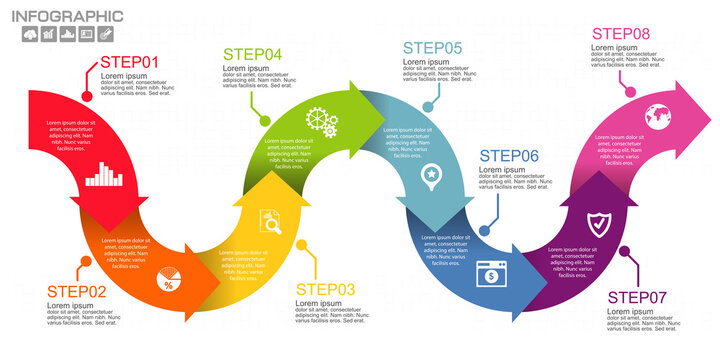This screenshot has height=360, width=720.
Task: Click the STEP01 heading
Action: click(130, 63)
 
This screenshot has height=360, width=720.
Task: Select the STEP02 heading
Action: click(76, 291)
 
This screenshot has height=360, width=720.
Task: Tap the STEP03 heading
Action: click(326, 290)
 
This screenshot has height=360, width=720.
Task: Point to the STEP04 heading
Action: click(252, 54)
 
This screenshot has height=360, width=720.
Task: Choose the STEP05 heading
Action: click(432, 47)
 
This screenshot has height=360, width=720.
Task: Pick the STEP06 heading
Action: click(509, 155)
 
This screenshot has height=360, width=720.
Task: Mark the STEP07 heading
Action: click(638, 297)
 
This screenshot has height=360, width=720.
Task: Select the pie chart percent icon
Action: click(168, 279)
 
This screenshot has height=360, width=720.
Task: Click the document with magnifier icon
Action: click(270, 221)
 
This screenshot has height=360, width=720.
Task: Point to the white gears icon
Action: click(322, 122)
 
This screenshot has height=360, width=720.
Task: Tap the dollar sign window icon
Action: click(491, 273)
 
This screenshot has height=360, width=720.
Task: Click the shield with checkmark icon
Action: click(597, 224)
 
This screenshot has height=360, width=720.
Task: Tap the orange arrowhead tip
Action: click(221, 289)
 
